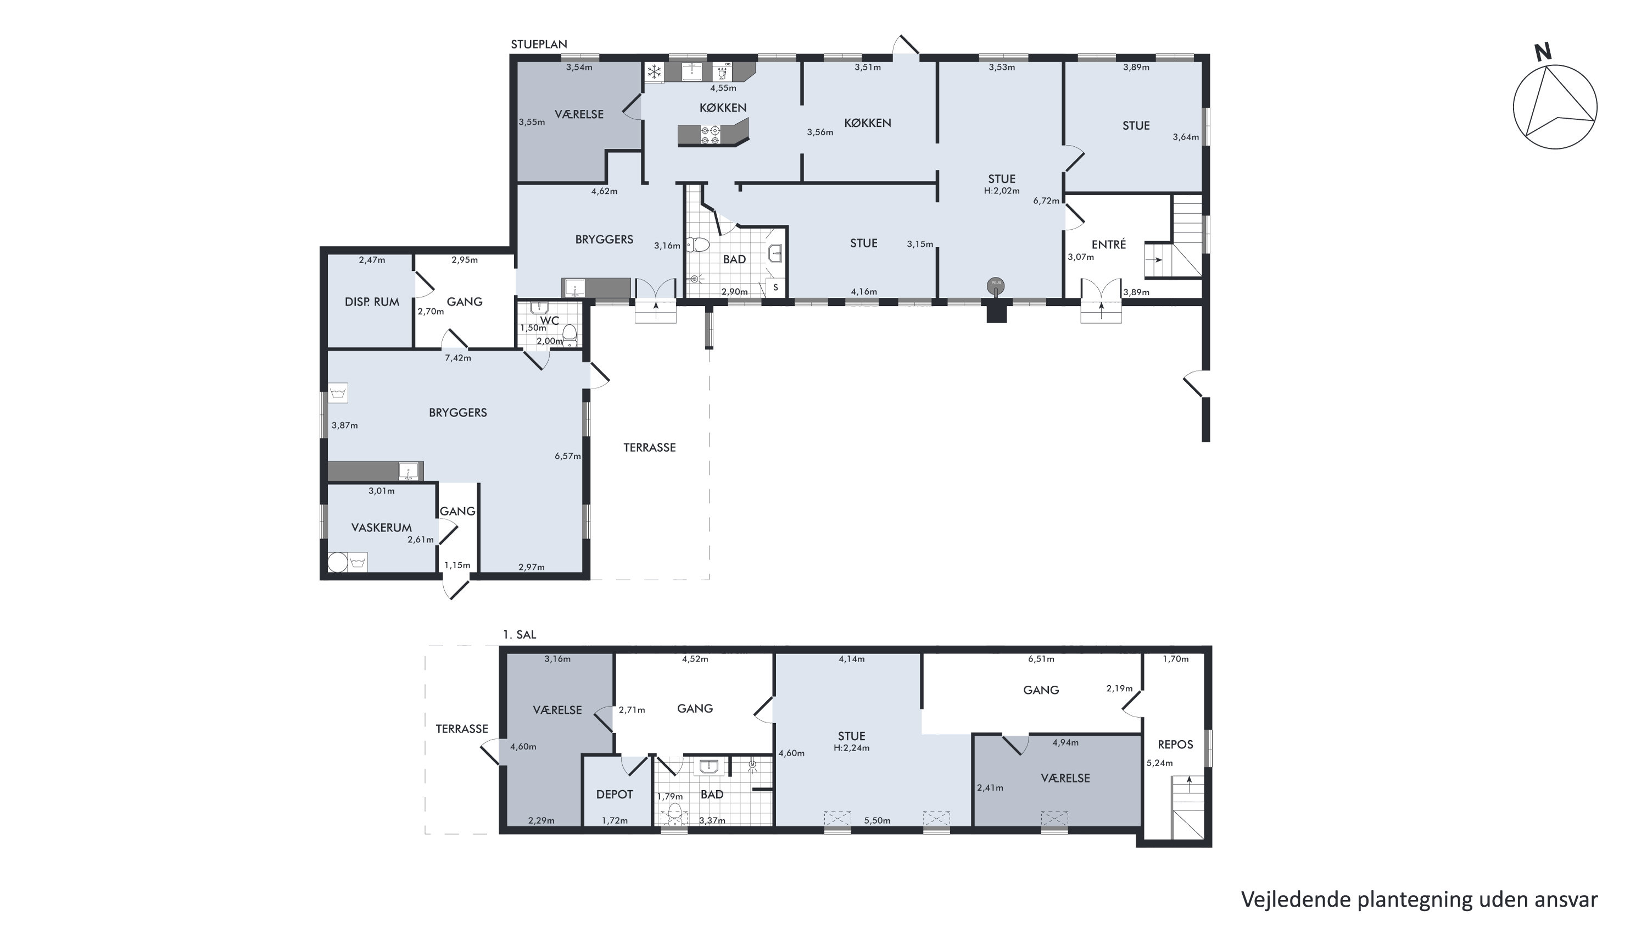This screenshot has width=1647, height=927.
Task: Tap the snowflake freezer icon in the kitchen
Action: point(654,71)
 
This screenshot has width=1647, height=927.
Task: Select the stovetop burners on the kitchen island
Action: point(710,134)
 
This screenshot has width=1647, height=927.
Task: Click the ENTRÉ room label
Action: point(1109,245)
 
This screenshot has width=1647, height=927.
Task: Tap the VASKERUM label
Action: point(381,528)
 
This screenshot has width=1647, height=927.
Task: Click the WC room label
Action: point(550,320)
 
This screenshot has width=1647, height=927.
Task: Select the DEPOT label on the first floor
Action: point(615,795)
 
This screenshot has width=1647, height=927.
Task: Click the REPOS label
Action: point(1175,745)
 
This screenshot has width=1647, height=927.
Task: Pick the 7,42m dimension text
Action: point(458,358)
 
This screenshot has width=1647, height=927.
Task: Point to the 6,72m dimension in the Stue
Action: point(1046,201)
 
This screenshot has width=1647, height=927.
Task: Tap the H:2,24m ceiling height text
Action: point(852,748)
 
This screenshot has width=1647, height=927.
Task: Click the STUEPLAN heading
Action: point(539,45)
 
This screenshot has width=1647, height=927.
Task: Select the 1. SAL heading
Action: point(519,635)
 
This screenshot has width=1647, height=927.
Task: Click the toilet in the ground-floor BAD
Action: point(698,245)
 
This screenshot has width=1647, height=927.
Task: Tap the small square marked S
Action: point(775,288)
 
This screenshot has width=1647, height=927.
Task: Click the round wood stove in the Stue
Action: point(996,285)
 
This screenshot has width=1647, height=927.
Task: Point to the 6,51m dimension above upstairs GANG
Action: point(1041,659)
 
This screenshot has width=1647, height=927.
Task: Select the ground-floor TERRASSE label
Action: point(650,448)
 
